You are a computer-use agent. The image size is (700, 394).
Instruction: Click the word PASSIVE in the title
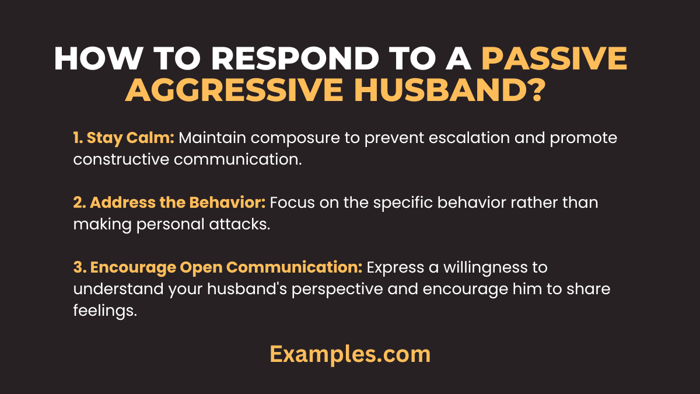tap(554, 58)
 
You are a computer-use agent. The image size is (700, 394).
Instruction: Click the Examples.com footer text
tap(350, 354)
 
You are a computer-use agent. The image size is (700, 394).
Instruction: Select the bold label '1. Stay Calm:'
tap(124, 138)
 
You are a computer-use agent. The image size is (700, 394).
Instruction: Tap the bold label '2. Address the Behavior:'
tap(169, 203)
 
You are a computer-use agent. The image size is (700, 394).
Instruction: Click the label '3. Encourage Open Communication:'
tap(218, 267)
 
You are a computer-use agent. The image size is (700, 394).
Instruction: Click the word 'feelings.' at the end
tap(105, 310)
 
